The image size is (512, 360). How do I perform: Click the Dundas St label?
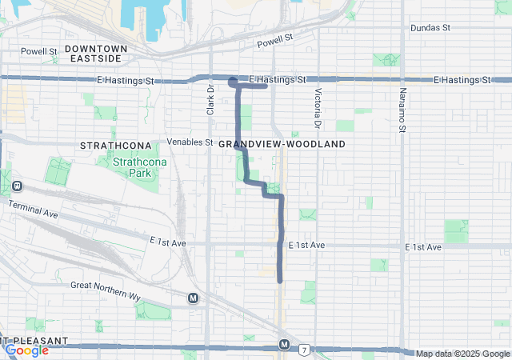tap(430, 27)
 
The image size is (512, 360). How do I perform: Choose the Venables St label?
tap(190, 142)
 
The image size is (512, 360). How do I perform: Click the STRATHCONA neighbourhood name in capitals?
tap(110, 146)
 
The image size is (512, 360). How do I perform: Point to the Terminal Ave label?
tap(34, 210)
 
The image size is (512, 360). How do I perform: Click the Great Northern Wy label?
tap(106, 290)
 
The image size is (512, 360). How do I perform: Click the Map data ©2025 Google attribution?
tap(462, 354)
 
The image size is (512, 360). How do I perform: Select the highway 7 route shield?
tap(304, 350)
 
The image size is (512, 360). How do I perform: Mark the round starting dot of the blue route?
tap(232, 81)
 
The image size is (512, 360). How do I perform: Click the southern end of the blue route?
tap(280, 280)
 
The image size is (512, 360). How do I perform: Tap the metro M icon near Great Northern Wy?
tap(193, 298)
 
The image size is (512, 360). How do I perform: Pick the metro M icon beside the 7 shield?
tap(284, 344)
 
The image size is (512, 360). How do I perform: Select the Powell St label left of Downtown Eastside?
tap(39, 51)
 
